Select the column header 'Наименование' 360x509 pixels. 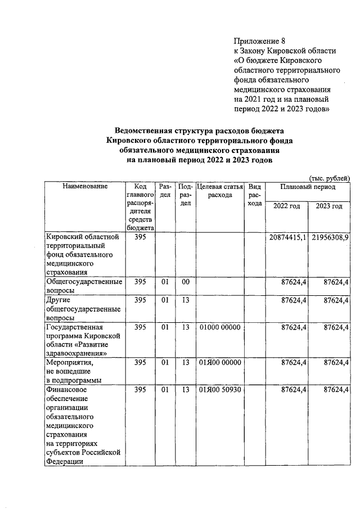point(85,186)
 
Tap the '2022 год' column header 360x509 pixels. point(286,206)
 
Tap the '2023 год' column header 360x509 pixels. point(329,206)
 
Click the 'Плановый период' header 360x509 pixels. point(308,186)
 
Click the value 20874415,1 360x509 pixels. point(286,237)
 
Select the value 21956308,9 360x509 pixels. point(330,237)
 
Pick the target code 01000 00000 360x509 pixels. point(219,327)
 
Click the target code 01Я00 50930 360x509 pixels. point(219,389)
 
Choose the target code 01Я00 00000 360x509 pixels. point(219,363)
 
